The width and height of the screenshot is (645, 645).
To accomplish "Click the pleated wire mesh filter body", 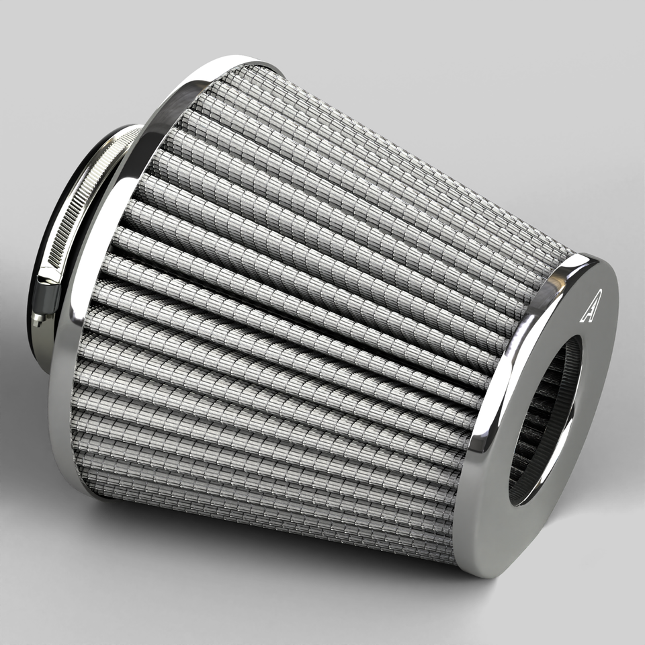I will (302, 302).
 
